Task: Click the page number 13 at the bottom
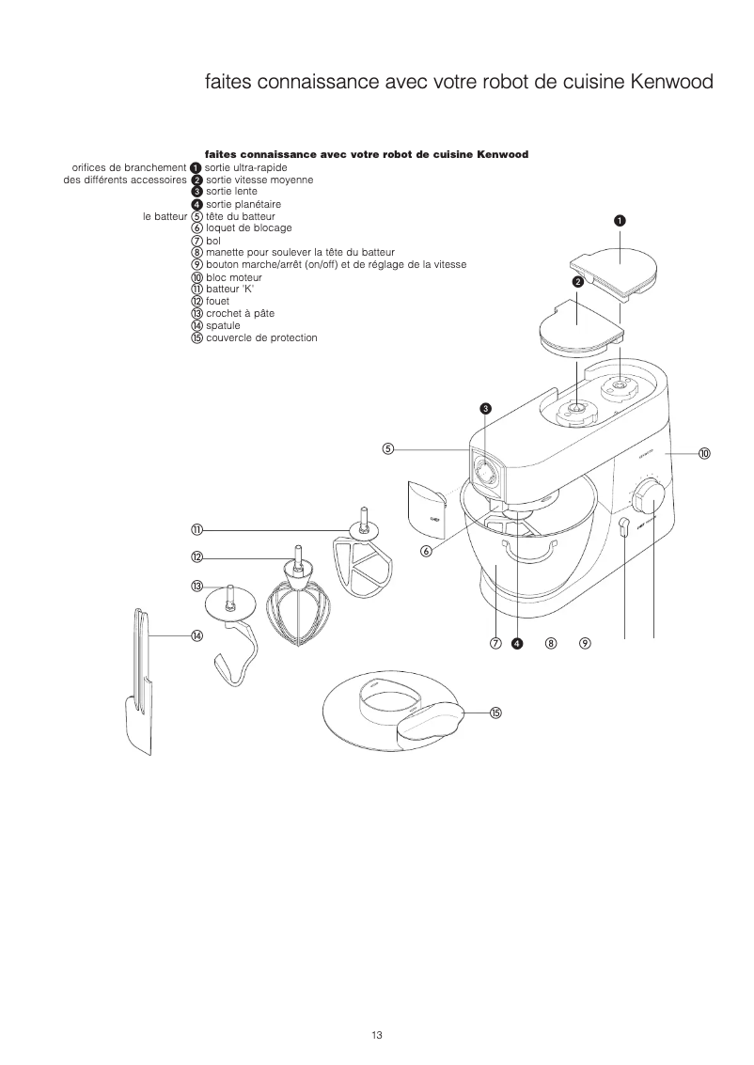click(376, 1036)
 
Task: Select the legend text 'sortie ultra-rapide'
click(246, 167)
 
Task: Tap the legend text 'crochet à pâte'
click(240, 313)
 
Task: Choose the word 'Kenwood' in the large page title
click(671, 83)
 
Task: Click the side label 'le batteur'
click(165, 216)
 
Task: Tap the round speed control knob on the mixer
click(652, 494)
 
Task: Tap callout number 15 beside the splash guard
click(495, 713)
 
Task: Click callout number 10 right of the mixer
click(704, 453)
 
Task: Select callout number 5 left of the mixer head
click(387, 448)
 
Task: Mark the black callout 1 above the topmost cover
click(620, 220)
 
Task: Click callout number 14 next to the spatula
click(197, 636)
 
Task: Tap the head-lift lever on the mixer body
click(623, 530)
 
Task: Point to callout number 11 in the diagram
click(197, 530)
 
